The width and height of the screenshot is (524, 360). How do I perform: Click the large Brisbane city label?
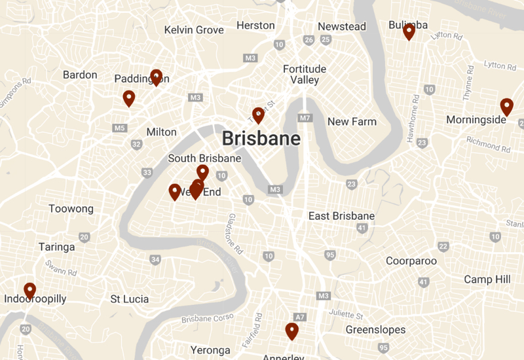[261, 139]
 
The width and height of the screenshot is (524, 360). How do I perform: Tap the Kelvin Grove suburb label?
[194, 30]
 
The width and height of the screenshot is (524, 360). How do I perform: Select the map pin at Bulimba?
[409, 31]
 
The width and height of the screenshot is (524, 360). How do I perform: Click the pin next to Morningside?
[506, 107]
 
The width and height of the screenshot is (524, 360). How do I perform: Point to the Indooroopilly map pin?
[29, 290]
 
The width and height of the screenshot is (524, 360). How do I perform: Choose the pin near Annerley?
[291, 331]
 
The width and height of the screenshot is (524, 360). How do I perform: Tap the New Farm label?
[352, 122]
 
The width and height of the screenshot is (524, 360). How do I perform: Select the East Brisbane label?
[341, 216]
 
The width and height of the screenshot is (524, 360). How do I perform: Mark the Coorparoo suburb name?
[411, 261]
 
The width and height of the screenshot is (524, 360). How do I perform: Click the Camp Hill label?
[487, 279]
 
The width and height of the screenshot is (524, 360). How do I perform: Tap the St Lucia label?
[129, 299]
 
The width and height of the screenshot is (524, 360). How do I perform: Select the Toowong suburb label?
[71, 209]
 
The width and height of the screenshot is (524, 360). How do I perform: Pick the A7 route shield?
[299, 317]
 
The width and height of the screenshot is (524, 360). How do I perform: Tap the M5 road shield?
[119, 128]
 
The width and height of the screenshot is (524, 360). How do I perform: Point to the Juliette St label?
[346, 315]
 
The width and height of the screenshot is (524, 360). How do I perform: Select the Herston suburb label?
[255, 26]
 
